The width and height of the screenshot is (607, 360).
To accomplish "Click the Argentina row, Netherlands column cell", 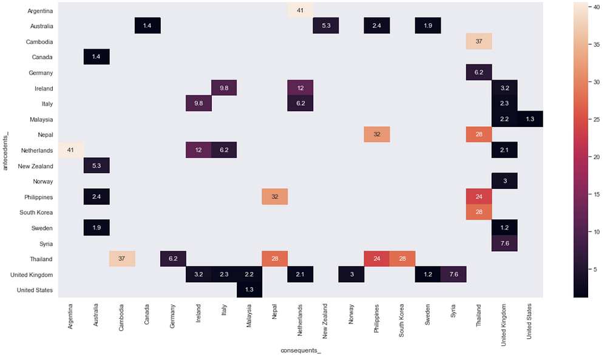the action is pyautogui.click(x=300, y=10).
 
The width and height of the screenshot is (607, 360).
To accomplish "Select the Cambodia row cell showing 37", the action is pyautogui.click(x=479, y=41).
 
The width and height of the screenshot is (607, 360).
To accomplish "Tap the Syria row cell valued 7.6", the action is pyautogui.click(x=504, y=243).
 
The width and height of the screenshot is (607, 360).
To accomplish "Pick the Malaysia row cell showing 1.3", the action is pyautogui.click(x=530, y=119).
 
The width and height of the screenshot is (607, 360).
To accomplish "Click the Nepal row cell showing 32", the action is pyautogui.click(x=377, y=135).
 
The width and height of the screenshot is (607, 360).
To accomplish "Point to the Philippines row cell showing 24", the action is pyautogui.click(x=479, y=197).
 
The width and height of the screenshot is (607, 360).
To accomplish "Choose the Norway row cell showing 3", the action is pyautogui.click(x=504, y=181).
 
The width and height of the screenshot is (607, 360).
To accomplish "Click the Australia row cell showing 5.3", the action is pyautogui.click(x=326, y=26).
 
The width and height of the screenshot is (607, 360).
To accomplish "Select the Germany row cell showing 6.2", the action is pyautogui.click(x=479, y=72).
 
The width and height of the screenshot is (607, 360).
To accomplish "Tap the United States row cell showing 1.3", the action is pyautogui.click(x=249, y=290).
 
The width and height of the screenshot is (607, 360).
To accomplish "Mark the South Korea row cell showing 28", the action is pyautogui.click(x=479, y=212).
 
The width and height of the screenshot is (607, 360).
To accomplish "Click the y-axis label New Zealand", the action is pyautogui.click(x=35, y=166).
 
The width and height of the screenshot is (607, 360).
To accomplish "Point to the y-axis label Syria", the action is pyautogui.click(x=46, y=244).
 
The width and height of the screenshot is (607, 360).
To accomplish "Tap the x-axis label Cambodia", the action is pyautogui.click(x=121, y=318).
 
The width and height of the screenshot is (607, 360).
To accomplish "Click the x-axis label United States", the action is pyautogui.click(x=529, y=321).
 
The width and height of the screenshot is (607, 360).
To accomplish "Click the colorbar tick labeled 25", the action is pyautogui.click(x=597, y=120).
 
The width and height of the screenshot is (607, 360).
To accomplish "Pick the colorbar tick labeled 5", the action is pyautogui.click(x=595, y=270).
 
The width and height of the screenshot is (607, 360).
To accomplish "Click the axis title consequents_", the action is pyautogui.click(x=301, y=351).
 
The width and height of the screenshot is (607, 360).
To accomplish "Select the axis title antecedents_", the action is pyautogui.click(x=5, y=151).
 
